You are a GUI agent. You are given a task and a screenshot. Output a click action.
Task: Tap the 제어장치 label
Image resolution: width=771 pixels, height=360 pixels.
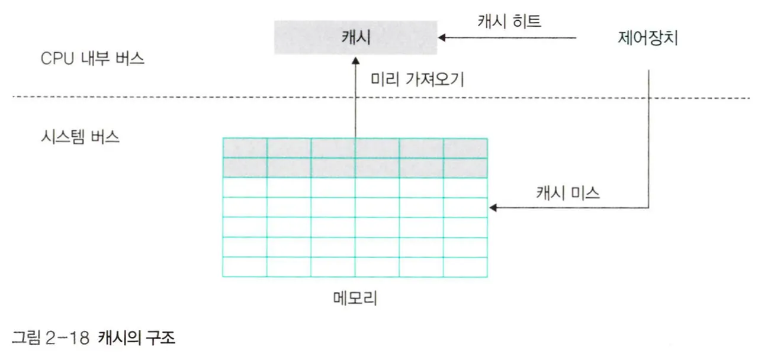coord(647,38)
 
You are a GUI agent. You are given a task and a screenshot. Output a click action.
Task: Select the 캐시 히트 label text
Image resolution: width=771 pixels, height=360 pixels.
coord(509,21)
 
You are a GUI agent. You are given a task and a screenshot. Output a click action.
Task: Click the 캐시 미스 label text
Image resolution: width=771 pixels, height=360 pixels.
coord(568,192)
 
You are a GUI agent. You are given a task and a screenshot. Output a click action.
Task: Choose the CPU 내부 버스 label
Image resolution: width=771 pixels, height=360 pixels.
coord(92,60)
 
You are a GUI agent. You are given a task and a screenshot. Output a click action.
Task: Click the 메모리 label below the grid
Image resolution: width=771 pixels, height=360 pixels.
coord(355,298)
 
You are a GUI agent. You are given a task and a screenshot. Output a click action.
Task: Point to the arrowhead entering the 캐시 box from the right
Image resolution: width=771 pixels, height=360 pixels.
coord(443,38)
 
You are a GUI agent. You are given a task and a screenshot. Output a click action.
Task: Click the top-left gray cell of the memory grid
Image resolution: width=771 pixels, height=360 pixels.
coord(245,148)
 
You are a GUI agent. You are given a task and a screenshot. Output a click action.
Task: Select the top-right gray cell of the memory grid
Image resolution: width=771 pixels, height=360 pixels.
coord(465,148)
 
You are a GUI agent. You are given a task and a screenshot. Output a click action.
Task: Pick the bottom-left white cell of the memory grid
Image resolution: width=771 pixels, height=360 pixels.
coord(245,266)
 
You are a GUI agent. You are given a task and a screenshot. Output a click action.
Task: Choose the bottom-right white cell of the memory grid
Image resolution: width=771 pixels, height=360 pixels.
coord(465,266)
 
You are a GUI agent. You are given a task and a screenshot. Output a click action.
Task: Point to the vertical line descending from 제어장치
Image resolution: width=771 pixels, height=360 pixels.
coord(650,136)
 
